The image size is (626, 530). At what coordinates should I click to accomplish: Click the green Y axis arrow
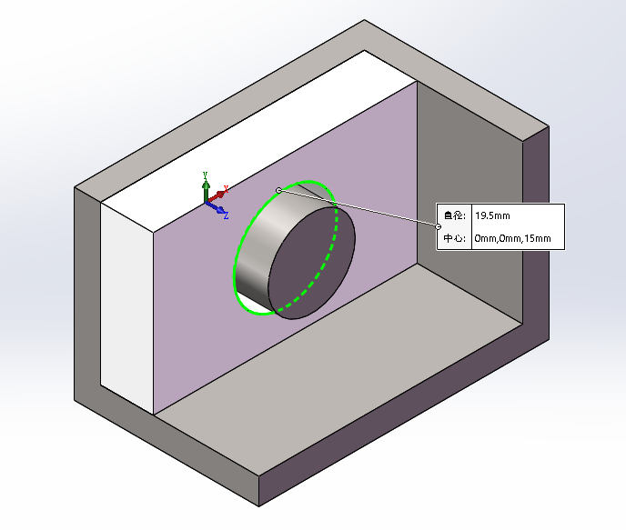(206, 191)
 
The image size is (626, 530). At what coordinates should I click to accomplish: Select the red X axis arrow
(216, 196)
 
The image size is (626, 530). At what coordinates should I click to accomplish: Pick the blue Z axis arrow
(215, 207)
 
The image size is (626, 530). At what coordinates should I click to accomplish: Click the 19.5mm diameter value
(492, 215)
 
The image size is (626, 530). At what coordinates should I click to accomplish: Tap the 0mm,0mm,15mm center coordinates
(512, 238)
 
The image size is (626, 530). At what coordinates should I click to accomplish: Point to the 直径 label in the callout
(454, 215)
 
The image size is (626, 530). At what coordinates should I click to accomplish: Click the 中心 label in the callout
(454, 238)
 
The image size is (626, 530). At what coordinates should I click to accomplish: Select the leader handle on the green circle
(278, 190)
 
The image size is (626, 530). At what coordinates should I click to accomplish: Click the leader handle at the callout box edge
(438, 226)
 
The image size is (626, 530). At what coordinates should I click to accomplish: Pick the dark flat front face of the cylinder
(312, 263)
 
